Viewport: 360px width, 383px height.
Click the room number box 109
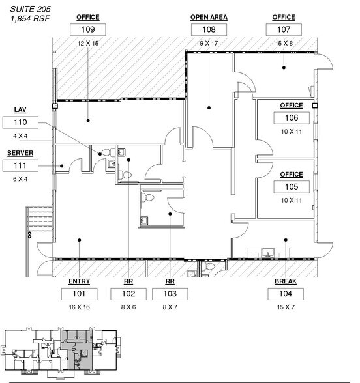pos(88,30)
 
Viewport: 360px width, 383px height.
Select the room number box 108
pos(208,30)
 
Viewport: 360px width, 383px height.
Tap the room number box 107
pos(284,30)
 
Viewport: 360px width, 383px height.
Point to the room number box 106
pos(292,118)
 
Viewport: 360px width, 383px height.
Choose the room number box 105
pos(292,187)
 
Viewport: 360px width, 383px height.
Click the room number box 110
pos(20,122)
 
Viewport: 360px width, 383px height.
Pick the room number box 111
pos(20,166)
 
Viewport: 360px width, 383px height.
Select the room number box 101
pos(79,294)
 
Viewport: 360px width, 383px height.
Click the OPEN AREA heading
pos(208,18)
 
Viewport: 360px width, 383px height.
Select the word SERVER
pos(20,154)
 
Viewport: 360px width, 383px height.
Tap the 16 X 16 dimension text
pos(79,306)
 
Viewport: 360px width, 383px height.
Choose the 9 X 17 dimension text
pos(208,42)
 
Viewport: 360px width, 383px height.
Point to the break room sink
pos(266,252)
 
